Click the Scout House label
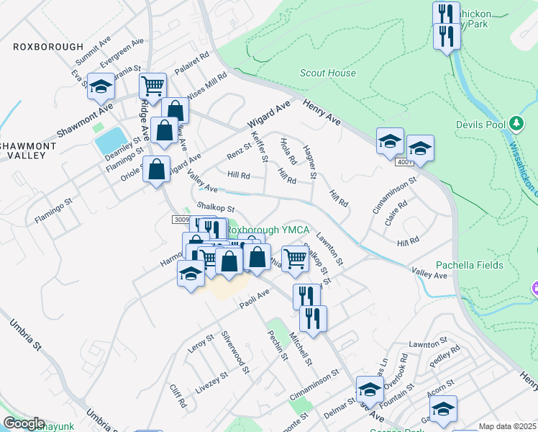point(327,73)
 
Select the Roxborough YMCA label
point(268,230)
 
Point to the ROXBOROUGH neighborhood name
point(48,46)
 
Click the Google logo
point(24,423)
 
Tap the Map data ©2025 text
point(507,426)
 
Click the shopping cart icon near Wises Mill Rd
point(152,86)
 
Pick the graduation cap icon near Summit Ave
point(101,86)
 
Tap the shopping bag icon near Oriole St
point(156,170)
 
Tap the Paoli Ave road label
point(254,297)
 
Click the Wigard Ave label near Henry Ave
point(268,114)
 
